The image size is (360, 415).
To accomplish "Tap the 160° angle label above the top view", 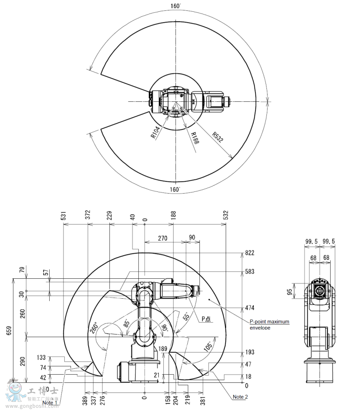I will pyautogui.click(x=176, y=6).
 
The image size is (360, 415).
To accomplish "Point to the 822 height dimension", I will pyautogui.click(x=250, y=253).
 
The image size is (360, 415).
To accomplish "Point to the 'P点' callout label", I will pyautogui.click(x=206, y=318).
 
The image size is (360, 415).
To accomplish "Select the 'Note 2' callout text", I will pyautogui.click(x=240, y=397).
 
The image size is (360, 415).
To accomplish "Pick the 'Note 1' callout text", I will pyautogui.click(x=50, y=402).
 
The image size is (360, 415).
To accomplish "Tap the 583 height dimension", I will pyautogui.click(x=250, y=272).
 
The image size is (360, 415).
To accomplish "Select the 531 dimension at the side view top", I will pyautogui.click(x=64, y=216).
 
